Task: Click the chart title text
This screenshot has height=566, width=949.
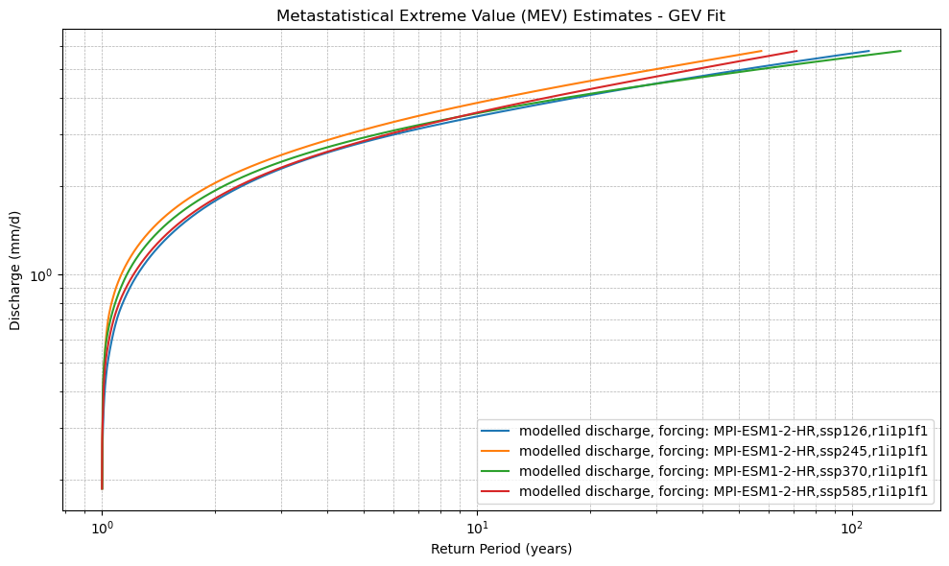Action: click(x=501, y=15)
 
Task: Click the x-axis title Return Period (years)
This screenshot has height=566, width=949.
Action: click(x=501, y=549)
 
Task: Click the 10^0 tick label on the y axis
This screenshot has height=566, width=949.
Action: click(x=44, y=275)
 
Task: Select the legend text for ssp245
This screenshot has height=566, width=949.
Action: click(x=724, y=451)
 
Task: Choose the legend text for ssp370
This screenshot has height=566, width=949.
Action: click(x=724, y=471)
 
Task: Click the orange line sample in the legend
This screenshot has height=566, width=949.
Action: click(x=498, y=451)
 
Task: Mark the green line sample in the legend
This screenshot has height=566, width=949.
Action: click(x=498, y=471)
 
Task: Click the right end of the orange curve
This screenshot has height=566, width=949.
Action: click(x=761, y=52)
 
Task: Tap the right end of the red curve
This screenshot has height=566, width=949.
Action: click(x=796, y=51)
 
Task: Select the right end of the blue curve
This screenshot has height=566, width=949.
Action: click(x=868, y=52)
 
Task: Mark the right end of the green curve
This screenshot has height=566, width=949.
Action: click(x=900, y=51)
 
